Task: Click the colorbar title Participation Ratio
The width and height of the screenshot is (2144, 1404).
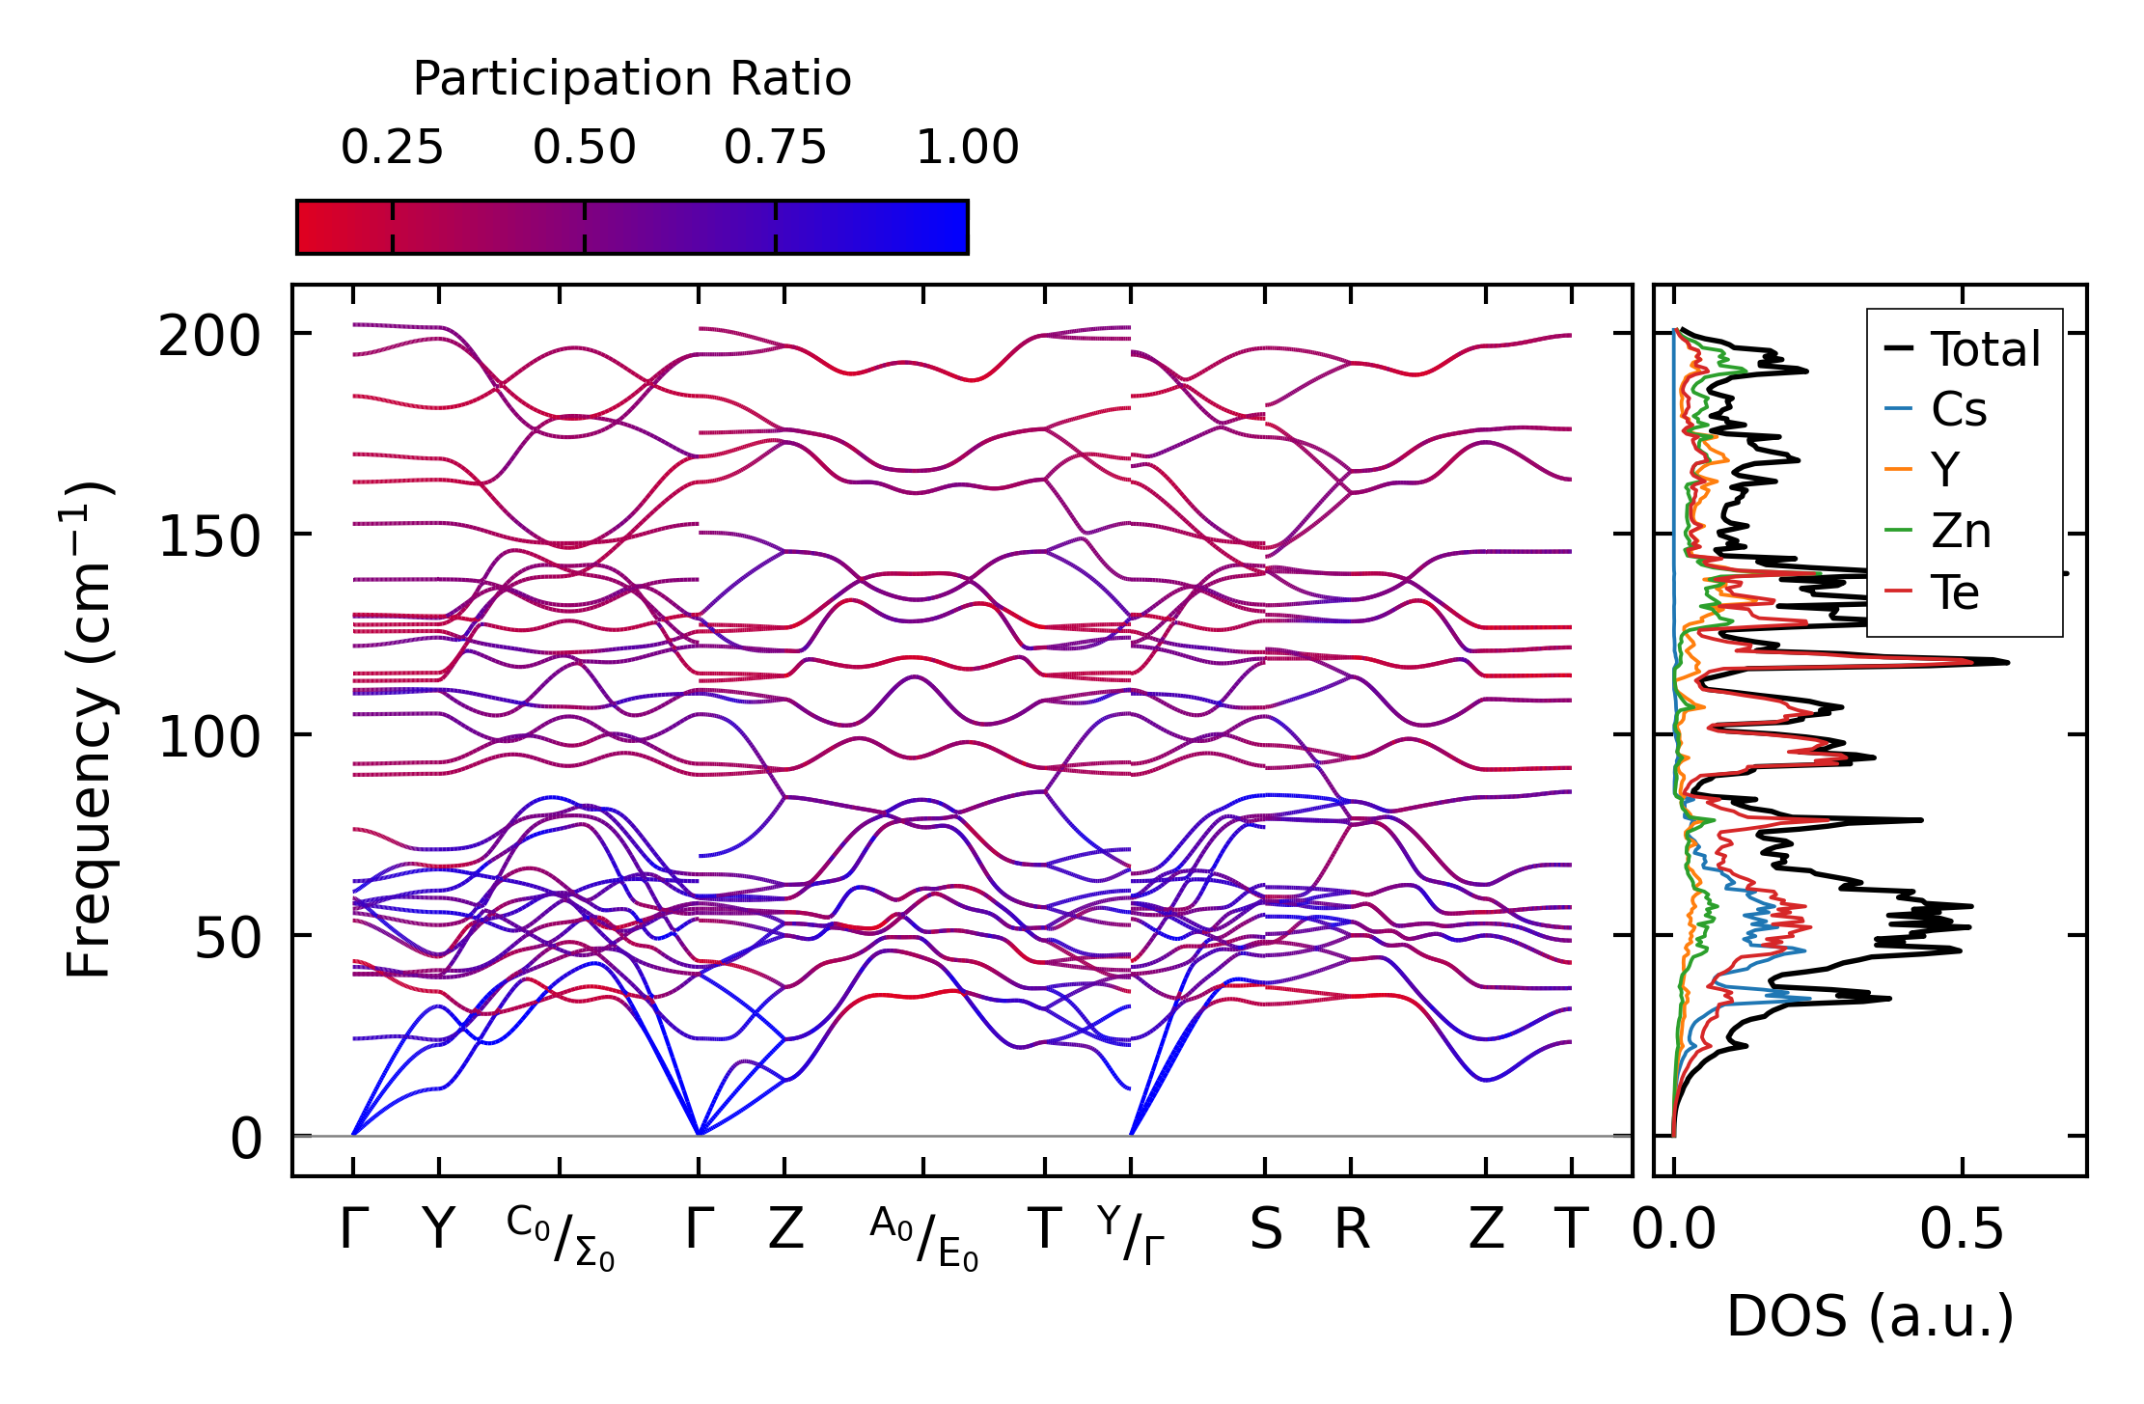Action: click(632, 79)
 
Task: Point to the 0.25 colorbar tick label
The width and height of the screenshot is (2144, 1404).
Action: click(392, 148)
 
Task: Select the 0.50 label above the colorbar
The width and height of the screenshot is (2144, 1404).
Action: click(584, 148)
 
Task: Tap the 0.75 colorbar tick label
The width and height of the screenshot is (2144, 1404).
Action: click(775, 148)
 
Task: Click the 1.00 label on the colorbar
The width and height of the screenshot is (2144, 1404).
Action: click(967, 148)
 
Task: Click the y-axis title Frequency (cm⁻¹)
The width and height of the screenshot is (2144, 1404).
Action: click(89, 730)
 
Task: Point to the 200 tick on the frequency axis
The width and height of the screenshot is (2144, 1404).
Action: click(209, 338)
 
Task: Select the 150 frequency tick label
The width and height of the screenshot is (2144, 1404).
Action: click(209, 537)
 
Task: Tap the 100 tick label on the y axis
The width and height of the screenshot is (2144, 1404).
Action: click(209, 738)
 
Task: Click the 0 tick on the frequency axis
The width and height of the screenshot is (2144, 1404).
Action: click(246, 1140)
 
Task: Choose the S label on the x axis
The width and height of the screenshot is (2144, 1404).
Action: click(1265, 1230)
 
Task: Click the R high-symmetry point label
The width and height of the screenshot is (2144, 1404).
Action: click(1351, 1230)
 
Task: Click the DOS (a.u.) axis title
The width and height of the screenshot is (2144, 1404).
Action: click(1870, 1316)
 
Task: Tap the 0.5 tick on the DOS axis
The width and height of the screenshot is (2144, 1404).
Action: click(1962, 1230)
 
